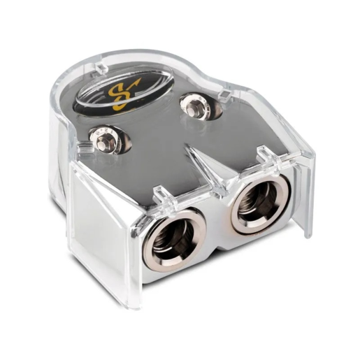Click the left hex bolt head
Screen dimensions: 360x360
(x=104, y=140)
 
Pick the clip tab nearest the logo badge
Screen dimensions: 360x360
(x=101, y=66)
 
